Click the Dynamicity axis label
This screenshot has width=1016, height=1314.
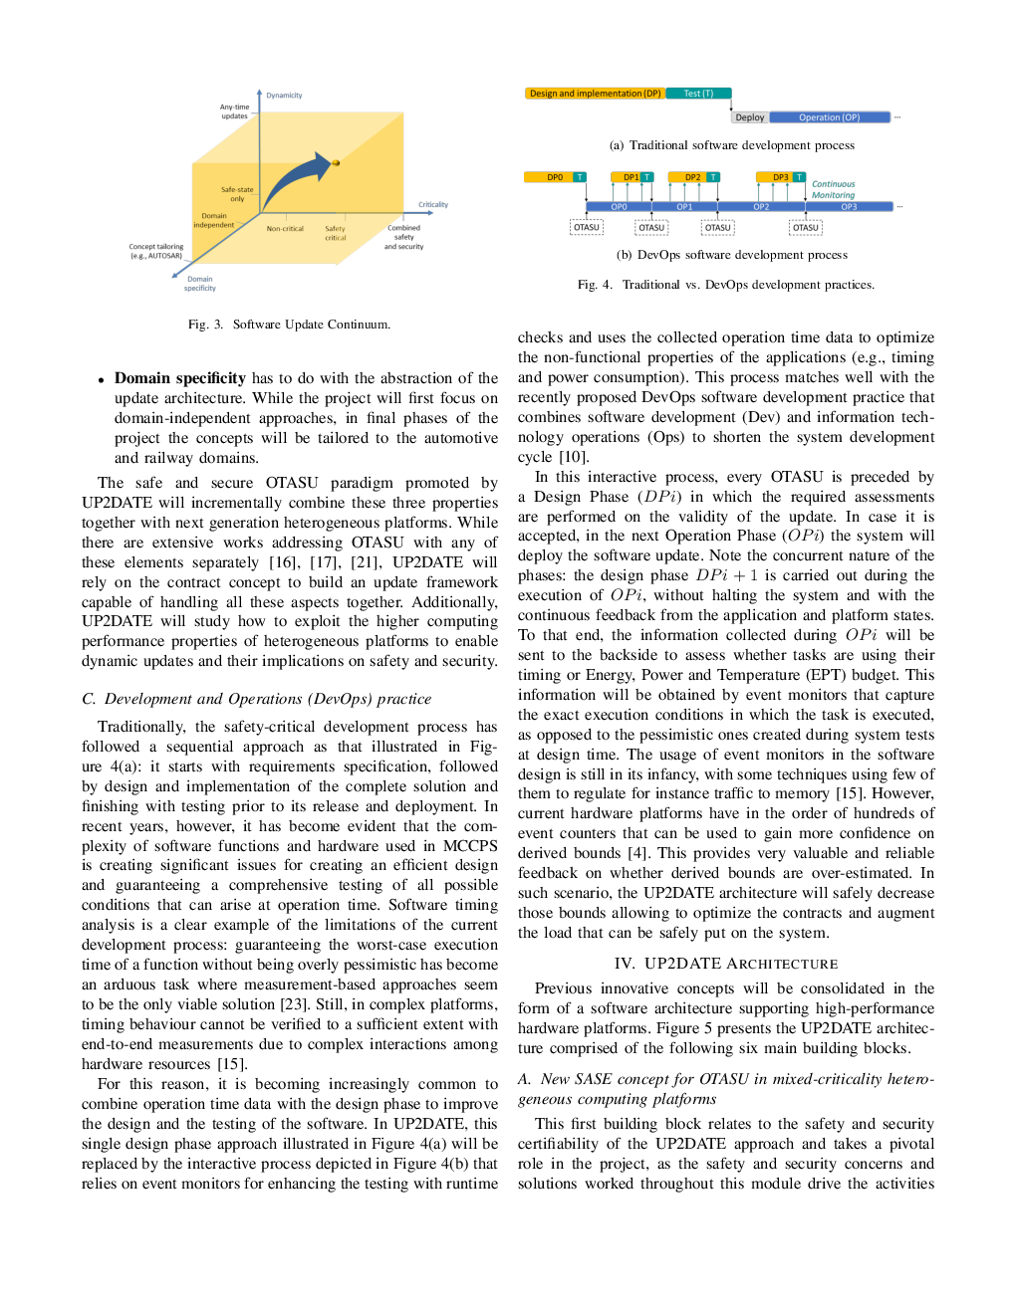click(284, 95)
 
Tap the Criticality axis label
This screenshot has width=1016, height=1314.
click(433, 204)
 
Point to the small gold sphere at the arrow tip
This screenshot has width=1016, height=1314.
click(336, 162)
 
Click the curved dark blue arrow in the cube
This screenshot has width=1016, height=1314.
click(297, 180)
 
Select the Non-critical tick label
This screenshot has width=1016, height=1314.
click(285, 229)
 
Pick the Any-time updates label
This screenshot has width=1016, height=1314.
click(234, 111)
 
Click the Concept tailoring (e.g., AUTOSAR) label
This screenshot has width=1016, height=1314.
click(156, 251)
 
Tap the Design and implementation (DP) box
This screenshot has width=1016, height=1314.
click(595, 94)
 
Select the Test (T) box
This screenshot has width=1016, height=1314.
click(698, 94)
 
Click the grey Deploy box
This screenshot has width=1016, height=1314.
click(750, 117)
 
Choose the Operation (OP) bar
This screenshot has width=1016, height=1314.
click(830, 117)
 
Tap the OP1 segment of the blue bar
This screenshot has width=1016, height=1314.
click(684, 207)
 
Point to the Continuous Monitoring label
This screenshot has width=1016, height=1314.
click(834, 189)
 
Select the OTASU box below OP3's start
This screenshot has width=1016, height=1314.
click(806, 227)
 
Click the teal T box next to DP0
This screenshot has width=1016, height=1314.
click(580, 177)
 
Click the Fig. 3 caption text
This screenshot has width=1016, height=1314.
click(289, 325)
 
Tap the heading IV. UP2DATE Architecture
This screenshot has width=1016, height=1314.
click(725, 964)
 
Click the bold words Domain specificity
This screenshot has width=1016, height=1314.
click(179, 378)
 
